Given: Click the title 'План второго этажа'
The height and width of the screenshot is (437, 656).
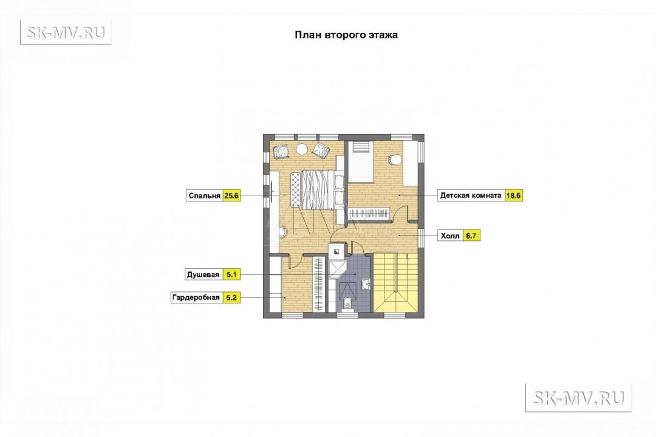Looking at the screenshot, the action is click(x=346, y=35).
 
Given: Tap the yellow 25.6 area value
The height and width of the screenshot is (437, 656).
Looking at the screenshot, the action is click(x=231, y=195).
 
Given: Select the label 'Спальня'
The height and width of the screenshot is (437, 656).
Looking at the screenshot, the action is click(x=204, y=195).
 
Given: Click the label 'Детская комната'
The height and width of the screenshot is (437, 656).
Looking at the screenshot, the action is click(x=471, y=195).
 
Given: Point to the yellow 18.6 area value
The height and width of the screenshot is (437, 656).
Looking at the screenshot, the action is click(x=513, y=195).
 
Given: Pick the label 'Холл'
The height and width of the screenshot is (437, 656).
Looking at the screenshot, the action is click(x=449, y=236).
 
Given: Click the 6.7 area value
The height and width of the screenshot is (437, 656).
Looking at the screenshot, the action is click(x=471, y=236).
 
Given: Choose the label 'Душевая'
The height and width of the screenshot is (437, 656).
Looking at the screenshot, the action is click(x=203, y=275).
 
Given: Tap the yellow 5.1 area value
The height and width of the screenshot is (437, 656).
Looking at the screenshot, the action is click(x=231, y=275).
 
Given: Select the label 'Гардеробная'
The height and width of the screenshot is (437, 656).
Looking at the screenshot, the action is click(x=196, y=298).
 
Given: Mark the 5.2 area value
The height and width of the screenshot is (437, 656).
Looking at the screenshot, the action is click(x=231, y=298).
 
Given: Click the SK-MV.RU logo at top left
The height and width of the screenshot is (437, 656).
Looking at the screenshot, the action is click(x=66, y=32).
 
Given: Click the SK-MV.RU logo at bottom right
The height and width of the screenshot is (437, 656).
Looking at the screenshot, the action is click(x=578, y=398).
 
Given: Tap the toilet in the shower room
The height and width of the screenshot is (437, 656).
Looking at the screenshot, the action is click(x=347, y=305).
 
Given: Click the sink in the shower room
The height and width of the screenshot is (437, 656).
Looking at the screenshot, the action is click(x=366, y=285).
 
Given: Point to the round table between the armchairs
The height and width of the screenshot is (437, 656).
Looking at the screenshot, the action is click(x=301, y=149).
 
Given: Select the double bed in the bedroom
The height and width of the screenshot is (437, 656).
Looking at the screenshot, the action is click(x=318, y=189).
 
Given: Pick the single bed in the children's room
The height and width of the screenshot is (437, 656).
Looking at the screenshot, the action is click(x=361, y=162).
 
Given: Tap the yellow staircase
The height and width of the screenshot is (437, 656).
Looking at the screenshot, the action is click(x=396, y=282).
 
